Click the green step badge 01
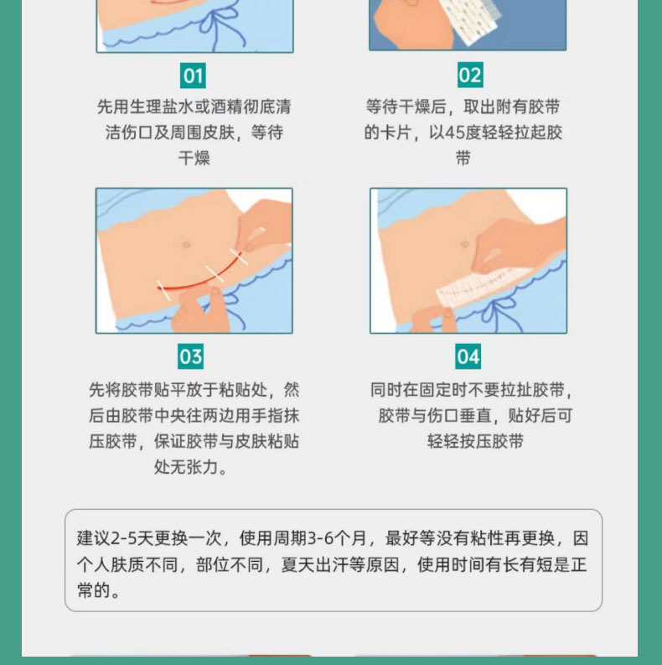[x=193, y=76]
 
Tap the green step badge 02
[x=469, y=76]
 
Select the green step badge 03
[x=191, y=356]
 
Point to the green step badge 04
[x=468, y=356]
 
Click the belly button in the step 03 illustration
[x=186, y=245]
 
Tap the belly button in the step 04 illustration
[x=464, y=244]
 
